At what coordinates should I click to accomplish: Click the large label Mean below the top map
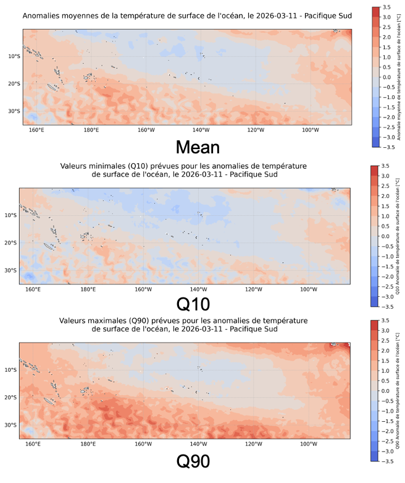click(196, 147)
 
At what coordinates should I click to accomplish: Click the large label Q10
click(193, 304)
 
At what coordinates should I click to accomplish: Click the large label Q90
click(193, 461)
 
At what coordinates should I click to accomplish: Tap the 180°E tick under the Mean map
click(91, 130)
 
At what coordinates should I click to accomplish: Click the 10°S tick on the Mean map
click(14, 56)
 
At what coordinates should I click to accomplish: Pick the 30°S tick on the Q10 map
click(10, 270)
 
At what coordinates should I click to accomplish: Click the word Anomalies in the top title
click(41, 14)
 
